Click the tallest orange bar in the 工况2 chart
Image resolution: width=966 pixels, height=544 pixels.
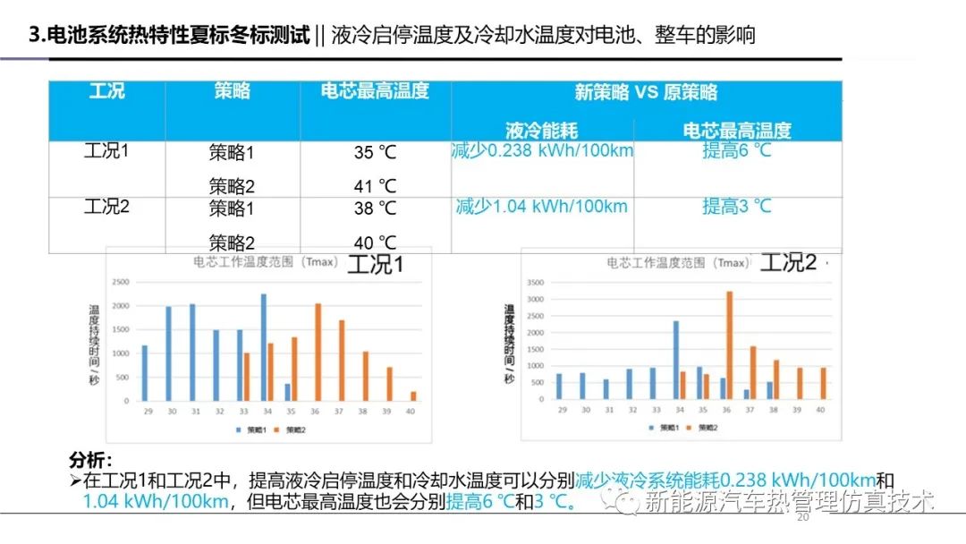[729, 345]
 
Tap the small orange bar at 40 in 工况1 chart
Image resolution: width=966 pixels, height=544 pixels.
[413, 395]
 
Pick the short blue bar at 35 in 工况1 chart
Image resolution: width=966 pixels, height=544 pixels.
[288, 392]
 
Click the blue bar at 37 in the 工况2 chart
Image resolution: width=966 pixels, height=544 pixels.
[746, 394]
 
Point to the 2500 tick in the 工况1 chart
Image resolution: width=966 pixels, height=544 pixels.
[121, 282]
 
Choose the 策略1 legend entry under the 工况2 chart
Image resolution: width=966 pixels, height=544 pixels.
[664, 429]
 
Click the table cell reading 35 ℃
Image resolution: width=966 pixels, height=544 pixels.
[375, 153]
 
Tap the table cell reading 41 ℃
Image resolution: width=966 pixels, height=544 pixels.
[375, 187]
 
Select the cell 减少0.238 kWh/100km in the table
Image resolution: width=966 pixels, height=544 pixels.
[542, 150]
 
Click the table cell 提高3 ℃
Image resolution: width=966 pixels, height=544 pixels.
[737, 207]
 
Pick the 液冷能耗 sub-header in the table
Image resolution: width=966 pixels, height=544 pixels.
[542, 131]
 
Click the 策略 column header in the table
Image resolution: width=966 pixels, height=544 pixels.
[232, 91]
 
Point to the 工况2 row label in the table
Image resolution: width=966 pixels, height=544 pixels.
[106, 207]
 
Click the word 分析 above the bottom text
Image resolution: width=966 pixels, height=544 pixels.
[90, 461]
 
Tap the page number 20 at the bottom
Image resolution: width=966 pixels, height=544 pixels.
[801, 518]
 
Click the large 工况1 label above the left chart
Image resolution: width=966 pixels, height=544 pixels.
[376, 265]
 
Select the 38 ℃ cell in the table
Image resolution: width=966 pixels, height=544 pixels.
[375, 208]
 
